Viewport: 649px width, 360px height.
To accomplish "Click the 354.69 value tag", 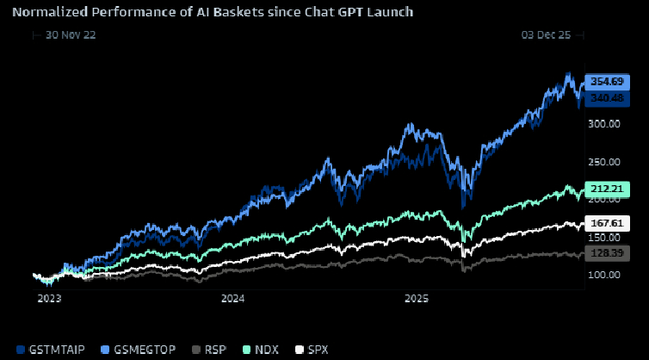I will [x=606, y=81].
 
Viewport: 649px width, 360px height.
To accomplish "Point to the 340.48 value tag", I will [x=606, y=98].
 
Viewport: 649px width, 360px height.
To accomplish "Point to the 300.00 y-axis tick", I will [x=603, y=123].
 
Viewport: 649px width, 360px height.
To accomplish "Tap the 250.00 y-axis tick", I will [x=603, y=161].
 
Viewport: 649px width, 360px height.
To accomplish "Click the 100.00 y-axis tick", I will [x=603, y=275].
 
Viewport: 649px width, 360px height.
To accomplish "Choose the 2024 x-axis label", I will [x=232, y=299].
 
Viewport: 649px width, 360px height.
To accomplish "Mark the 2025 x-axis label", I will [x=417, y=299].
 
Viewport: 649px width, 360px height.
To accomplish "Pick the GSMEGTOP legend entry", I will [x=140, y=350].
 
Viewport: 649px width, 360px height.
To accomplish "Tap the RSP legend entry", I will [x=209, y=350].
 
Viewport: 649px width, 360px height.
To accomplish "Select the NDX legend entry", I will [x=260, y=350].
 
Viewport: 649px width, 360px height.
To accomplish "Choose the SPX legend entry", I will [x=312, y=350].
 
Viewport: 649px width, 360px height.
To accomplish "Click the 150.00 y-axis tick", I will [x=603, y=237].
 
